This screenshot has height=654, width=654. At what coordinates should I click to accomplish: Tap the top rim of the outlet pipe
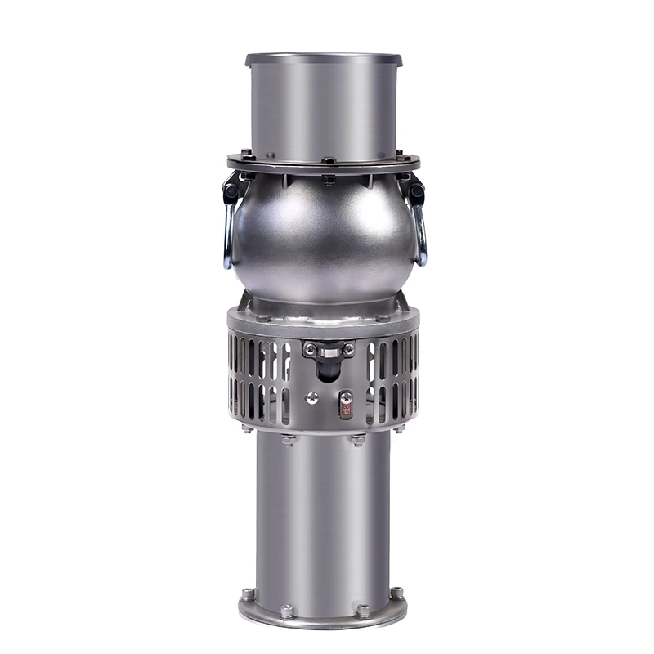324,59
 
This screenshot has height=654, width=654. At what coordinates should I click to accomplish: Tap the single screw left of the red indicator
311,398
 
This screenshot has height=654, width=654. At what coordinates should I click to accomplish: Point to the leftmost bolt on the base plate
248,594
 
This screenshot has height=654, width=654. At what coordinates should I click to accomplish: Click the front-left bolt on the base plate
286,611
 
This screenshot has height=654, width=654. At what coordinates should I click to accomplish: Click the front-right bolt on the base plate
362,611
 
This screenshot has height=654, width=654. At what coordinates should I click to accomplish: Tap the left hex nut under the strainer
289,441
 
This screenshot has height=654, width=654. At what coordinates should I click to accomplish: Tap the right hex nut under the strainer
357,441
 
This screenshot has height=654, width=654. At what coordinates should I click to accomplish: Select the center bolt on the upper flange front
327,161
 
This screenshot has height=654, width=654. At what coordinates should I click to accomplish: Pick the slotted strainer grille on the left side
260,380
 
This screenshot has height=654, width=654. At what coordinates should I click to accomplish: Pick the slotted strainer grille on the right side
392,380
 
